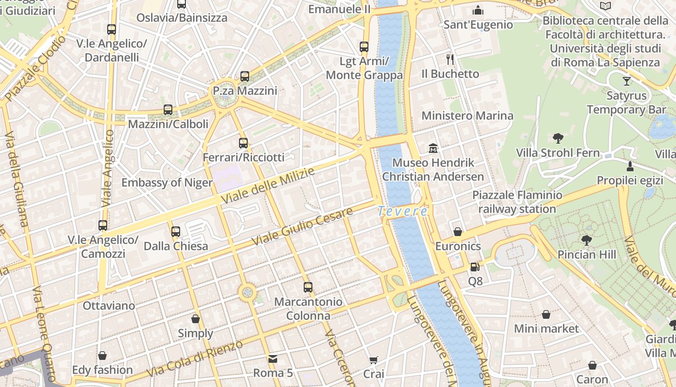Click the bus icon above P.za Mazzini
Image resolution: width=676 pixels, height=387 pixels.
point(245,76)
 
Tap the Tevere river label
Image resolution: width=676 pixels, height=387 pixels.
point(403,211)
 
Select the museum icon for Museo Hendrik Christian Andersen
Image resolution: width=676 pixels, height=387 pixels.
point(433,148)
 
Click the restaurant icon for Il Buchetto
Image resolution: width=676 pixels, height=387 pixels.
point(450,60)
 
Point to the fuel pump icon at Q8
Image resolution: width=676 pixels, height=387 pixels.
point(475,267)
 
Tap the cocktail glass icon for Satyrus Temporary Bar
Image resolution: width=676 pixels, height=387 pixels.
point(627,81)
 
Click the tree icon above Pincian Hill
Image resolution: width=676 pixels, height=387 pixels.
point(587,239)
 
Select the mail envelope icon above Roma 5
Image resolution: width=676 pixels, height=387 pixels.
point(273,358)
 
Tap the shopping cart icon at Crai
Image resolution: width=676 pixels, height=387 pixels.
point(373,359)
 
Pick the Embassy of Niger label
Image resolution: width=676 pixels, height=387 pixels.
point(167,182)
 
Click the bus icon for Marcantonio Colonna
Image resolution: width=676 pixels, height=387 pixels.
point(308,287)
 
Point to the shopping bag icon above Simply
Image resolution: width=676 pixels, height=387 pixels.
point(196,319)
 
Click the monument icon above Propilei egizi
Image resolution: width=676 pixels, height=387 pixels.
point(630,166)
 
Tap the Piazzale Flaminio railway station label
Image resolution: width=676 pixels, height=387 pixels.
point(517,202)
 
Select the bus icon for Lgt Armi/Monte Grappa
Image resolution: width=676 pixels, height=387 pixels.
point(364,47)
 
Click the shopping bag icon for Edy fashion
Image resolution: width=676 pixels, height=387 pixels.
point(102,356)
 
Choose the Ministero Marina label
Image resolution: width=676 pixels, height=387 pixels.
point(467,116)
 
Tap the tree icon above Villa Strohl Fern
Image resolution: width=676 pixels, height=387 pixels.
point(558,138)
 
